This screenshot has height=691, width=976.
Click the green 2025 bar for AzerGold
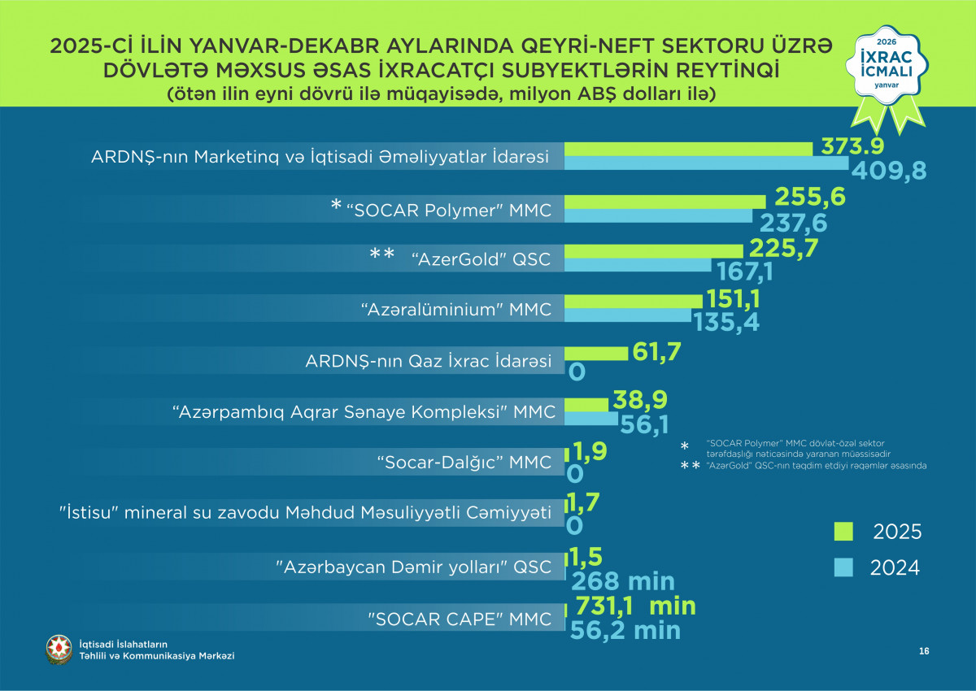(653, 250)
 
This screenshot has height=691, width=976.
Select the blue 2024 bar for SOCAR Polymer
(658, 215)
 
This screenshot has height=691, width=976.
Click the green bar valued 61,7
(596, 353)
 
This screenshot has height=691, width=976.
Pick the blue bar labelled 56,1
(591, 419)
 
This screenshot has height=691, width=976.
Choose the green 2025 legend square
(843, 531)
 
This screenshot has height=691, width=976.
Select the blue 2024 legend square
(843, 567)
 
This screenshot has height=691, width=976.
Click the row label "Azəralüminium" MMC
(455, 310)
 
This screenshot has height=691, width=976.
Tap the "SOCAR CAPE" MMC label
(460, 619)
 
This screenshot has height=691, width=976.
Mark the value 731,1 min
(635, 606)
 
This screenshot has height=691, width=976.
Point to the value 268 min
(623, 582)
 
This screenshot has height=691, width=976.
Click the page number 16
(924, 651)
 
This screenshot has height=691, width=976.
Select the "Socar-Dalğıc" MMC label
(464, 463)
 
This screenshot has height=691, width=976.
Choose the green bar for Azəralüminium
(628, 302)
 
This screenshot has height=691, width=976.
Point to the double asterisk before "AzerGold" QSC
(382, 255)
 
